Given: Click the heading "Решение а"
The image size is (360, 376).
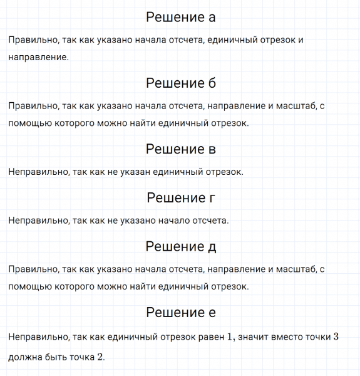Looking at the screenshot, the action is (x=180, y=17).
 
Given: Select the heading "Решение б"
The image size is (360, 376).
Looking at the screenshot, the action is (x=180, y=83).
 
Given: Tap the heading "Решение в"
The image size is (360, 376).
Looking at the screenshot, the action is (x=180, y=149).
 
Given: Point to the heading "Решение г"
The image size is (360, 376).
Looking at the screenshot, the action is (x=180, y=198).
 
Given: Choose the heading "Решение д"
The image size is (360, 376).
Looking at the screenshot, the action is (x=180, y=246).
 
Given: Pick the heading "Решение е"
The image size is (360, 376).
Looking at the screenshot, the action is (x=180, y=312).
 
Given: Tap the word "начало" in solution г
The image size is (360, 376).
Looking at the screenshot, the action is (x=180, y=221).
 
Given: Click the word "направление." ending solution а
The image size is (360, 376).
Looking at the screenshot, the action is (x=39, y=57).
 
